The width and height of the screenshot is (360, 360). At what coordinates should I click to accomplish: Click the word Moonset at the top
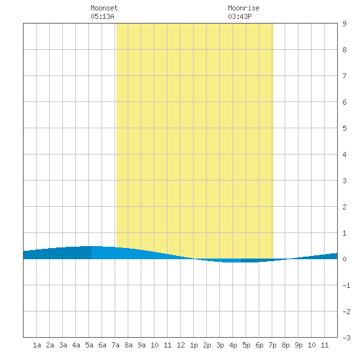coord(104,8)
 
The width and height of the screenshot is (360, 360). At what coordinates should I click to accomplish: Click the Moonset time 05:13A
coord(102,16)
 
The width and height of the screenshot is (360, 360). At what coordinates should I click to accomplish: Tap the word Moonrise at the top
coord(243,8)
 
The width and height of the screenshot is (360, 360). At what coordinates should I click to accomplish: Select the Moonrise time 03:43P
coord(240,16)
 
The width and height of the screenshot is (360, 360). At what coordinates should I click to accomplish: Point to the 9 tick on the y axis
coord(344,24)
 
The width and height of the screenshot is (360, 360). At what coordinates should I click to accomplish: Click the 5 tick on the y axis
coord(344,128)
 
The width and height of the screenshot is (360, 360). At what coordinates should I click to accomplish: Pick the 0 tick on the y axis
coord(344,259)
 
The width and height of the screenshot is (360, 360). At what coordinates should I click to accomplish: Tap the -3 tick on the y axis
coord(347,338)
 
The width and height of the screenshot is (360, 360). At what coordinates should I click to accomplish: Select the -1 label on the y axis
coord(347,285)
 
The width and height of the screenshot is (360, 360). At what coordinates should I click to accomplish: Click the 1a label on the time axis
coord(37,345)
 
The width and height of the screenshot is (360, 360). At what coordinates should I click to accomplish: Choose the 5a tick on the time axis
coord(89,345)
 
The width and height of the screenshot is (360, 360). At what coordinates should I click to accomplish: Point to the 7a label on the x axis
coord(115,345)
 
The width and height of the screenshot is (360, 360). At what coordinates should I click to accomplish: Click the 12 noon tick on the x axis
coord(181,345)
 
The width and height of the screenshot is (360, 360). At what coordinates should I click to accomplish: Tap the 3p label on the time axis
coord(220,345)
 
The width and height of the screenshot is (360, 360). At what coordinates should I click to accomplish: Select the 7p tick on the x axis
coord(272,345)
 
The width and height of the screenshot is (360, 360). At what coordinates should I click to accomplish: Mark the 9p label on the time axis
coord(298,345)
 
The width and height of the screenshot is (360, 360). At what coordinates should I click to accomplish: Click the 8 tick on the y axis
coord(344,50)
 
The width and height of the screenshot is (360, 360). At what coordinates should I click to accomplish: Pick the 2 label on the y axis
coord(344,207)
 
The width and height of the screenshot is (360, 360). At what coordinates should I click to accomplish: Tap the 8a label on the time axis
coord(128,345)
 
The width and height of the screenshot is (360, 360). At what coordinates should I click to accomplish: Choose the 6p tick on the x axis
coord(259,345)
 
